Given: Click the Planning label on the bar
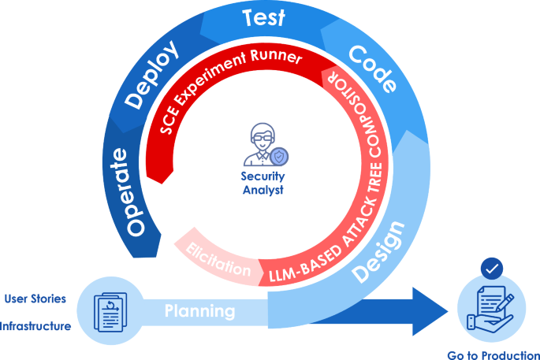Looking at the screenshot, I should click(x=200, y=311).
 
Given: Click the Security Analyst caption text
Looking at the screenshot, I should click(x=263, y=183).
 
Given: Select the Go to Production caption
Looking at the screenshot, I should click(x=493, y=355).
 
